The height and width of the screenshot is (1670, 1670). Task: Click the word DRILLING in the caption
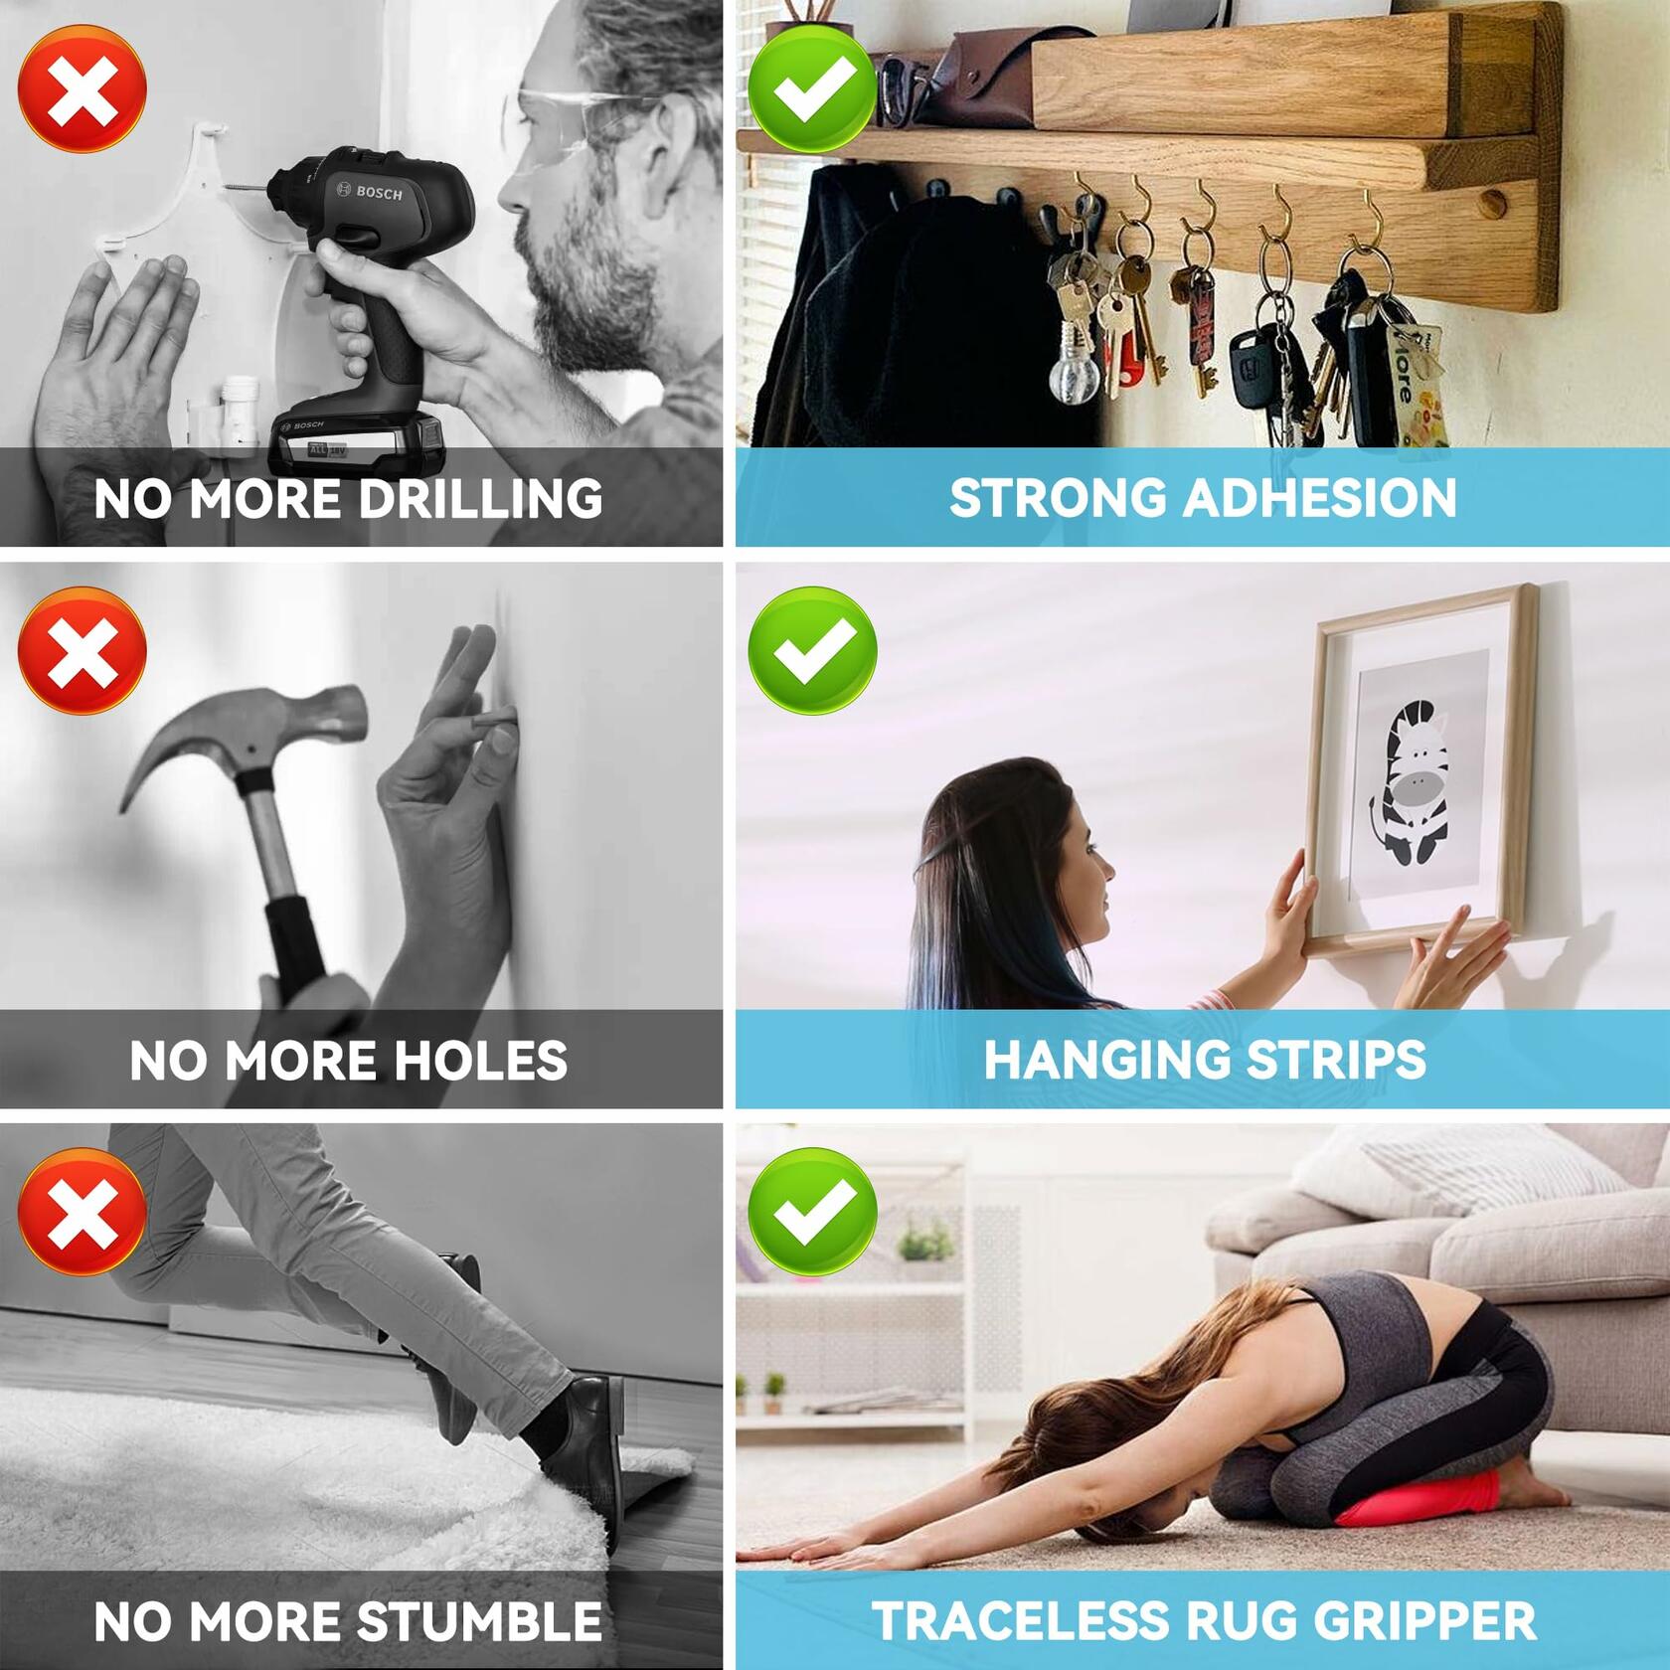479,498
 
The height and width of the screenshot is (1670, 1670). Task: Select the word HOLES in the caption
481,1060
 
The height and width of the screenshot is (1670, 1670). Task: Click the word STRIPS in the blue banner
1335,1060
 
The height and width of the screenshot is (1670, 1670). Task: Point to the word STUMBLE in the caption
479,1621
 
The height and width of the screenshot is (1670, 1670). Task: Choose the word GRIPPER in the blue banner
1415,1621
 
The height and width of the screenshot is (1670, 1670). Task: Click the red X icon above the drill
83,89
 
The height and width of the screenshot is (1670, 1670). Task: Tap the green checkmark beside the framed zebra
812,650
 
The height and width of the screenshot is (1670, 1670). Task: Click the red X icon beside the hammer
83,650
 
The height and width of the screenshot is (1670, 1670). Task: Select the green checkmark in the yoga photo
812,1212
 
